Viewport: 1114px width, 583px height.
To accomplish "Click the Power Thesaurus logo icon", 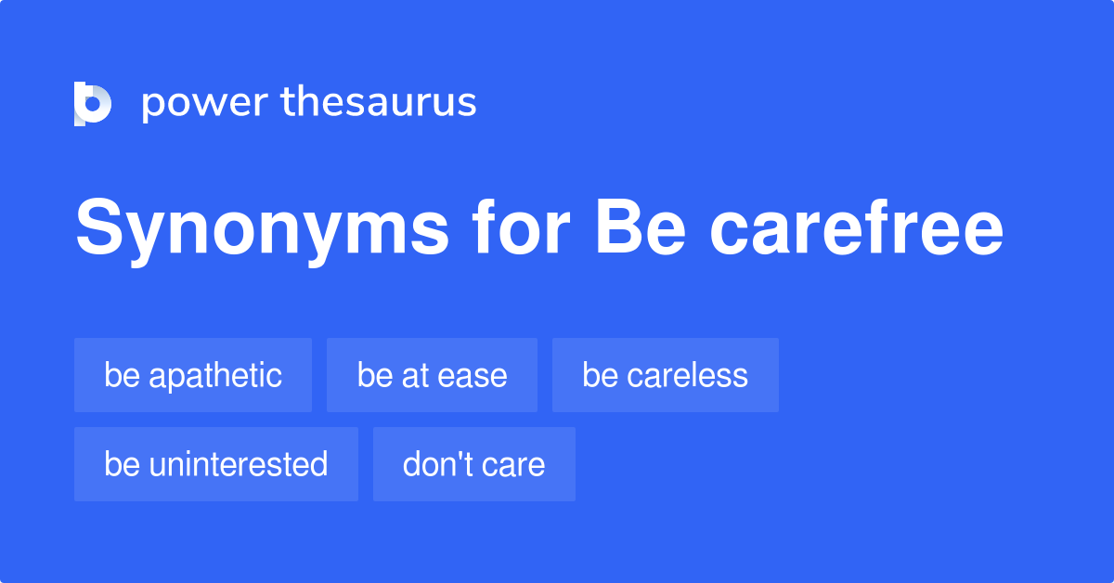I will (93, 103).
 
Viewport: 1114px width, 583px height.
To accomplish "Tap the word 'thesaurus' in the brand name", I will (379, 102).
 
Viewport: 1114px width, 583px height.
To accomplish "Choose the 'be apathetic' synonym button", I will (193, 375).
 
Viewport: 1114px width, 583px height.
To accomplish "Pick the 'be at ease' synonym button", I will (432, 375).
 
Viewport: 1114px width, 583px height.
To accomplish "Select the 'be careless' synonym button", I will (665, 375).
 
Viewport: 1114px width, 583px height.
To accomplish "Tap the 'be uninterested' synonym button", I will (215, 464).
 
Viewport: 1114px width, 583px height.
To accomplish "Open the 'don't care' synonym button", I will (473, 464).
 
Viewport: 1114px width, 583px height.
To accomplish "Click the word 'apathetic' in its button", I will (215, 375).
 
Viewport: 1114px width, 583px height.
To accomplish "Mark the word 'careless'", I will (687, 375).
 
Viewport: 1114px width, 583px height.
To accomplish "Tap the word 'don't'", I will (433, 464).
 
